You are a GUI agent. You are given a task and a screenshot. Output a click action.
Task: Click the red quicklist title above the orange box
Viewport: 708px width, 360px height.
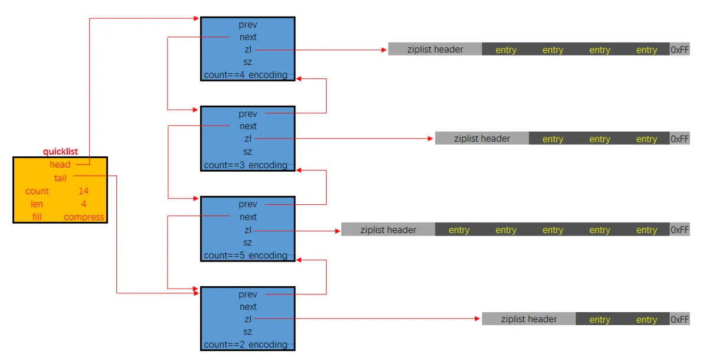click(60, 152)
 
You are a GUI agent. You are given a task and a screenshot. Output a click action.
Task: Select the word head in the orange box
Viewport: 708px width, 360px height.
click(60, 165)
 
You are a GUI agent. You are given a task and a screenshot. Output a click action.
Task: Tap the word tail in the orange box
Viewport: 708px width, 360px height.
click(60, 178)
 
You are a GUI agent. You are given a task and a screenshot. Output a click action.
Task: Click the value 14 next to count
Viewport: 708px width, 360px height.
click(83, 191)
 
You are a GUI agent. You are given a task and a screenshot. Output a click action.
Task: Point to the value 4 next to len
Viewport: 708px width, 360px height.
click(83, 204)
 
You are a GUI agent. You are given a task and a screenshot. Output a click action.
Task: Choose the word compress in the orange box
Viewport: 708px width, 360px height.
click(84, 217)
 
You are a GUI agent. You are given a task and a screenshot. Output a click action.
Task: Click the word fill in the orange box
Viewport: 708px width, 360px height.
click(37, 217)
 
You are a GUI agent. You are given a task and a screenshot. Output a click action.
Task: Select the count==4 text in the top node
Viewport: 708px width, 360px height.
click(224, 75)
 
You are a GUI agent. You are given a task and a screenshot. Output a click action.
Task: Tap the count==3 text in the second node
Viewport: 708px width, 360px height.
click(224, 165)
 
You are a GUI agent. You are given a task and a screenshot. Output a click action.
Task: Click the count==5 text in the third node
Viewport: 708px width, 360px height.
click(224, 256)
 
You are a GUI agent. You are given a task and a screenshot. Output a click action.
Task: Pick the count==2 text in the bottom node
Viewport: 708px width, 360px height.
click(224, 345)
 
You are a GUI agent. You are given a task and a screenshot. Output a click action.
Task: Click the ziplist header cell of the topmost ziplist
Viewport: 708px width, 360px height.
click(435, 50)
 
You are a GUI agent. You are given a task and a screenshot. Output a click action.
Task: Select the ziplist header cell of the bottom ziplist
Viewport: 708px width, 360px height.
click(528, 319)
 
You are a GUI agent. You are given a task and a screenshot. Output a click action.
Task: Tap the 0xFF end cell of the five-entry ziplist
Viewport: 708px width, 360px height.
click(680, 230)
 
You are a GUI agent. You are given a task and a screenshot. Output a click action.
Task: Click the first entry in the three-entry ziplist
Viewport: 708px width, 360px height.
click(553, 139)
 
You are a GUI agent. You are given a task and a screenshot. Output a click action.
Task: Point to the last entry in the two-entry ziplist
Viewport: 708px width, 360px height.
click(647, 320)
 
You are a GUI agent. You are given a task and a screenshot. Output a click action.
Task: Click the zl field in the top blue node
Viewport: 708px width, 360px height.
click(248, 50)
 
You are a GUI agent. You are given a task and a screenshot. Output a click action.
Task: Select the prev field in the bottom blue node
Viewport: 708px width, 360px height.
click(248, 294)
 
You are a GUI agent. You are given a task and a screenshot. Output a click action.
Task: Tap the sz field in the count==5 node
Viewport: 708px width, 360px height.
click(248, 243)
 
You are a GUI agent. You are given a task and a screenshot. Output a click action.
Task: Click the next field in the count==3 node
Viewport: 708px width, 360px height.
click(248, 126)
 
